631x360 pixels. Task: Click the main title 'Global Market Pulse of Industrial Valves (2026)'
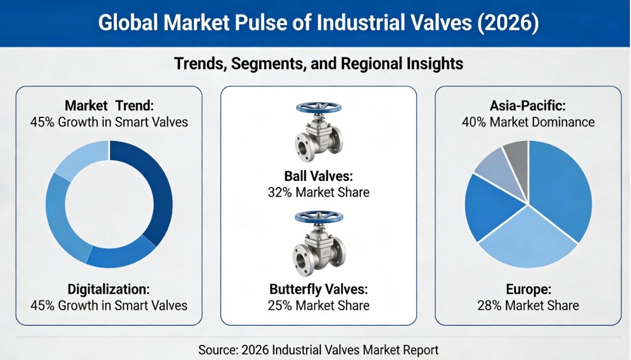pos(318,24)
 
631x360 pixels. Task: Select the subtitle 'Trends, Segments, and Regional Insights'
pos(319,64)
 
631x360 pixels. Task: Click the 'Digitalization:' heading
pos(108,289)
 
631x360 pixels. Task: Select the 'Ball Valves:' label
pos(319,176)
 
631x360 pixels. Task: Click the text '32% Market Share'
pos(319,192)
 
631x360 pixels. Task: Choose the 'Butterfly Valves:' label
pos(319,290)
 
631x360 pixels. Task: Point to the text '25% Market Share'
pos(319,306)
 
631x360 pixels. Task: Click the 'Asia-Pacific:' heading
pos(528,105)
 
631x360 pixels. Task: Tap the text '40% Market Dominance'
pos(528,121)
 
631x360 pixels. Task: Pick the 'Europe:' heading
pos(528,290)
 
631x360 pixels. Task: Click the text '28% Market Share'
pos(528,306)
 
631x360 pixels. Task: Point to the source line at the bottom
pos(318,349)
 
